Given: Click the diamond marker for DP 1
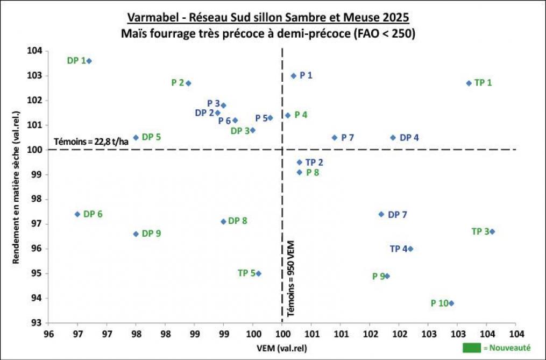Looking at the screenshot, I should pos(89,61).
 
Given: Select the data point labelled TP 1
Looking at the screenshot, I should pos(469,83).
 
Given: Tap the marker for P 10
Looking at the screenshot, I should pos(451,303).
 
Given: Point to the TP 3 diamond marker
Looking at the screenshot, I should pos(492,231).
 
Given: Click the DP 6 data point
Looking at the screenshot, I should pos(77,214).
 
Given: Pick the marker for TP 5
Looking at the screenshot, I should pos(259,273).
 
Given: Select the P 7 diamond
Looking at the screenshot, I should pos(335,137).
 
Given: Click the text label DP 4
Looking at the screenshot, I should pos(409,138).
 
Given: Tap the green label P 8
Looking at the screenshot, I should pos(313,172).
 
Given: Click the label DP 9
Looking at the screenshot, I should pos(151,234).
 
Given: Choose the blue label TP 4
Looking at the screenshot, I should pos(399,249).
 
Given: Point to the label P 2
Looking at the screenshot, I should pos(178,83).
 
